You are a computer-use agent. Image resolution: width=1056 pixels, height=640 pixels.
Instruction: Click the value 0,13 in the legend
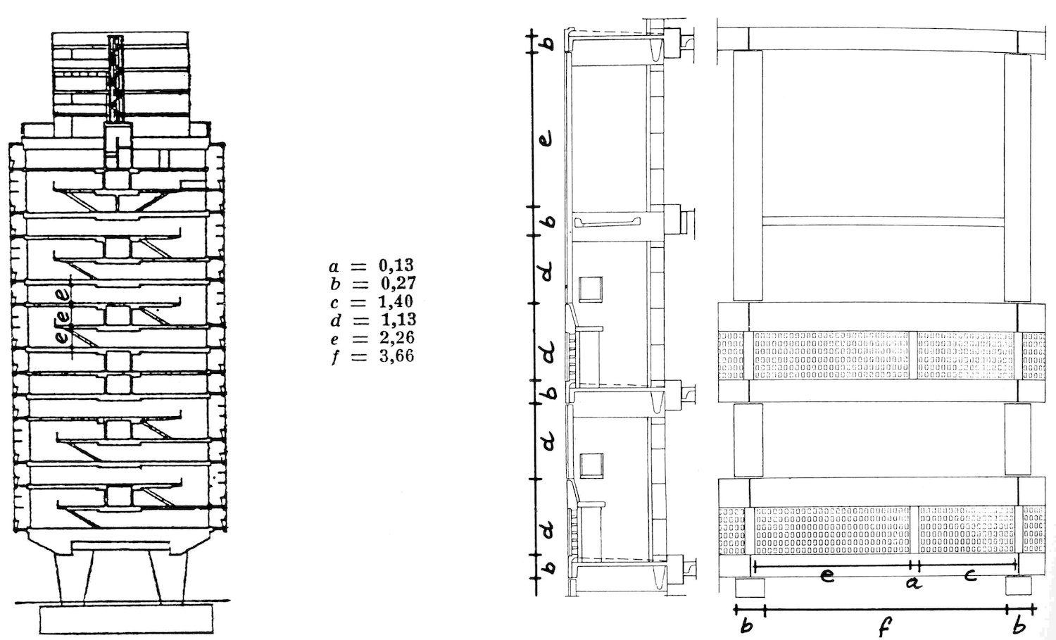coord(396,265)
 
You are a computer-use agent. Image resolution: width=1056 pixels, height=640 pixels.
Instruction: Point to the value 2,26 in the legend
coord(396,337)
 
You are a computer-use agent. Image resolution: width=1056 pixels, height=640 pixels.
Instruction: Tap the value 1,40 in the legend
coord(396,301)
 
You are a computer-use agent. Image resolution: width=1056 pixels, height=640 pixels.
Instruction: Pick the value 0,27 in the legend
coord(398,283)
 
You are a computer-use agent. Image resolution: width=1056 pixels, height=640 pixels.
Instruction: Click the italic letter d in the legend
coord(336,320)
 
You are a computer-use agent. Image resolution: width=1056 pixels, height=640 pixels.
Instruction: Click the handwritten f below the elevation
coord(885,627)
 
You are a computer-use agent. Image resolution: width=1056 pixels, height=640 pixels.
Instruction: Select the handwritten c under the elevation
coord(970,575)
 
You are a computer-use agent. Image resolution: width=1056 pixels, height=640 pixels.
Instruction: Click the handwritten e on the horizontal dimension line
coord(827,576)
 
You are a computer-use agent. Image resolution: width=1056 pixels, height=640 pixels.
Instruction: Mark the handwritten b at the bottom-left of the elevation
coord(747,626)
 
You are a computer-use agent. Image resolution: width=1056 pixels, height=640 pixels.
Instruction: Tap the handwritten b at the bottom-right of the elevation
coord(1019,625)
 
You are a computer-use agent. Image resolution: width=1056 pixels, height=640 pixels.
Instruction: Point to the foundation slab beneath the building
coord(126,619)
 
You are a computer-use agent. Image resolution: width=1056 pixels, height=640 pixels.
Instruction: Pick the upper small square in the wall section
coord(591,289)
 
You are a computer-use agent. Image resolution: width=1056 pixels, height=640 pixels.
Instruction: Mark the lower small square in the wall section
coord(591,465)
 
